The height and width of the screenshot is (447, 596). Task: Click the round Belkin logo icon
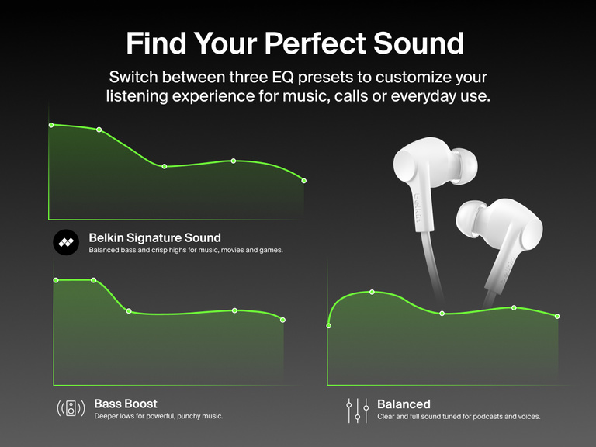pyautogui.click(x=66, y=243)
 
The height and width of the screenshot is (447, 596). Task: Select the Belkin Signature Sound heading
pyautogui.click(x=154, y=237)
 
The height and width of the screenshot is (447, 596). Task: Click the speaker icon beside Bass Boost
pyautogui.click(x=71, y=409)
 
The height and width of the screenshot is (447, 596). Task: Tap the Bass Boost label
pyautogui.click(x=126, y=404)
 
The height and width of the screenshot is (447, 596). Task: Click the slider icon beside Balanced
pyautogui.click(x=357, y=410)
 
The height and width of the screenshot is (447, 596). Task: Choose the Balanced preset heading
pyautogui.click(x=404, y=404)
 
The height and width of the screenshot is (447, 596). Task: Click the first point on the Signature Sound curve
pyautogui.click(x=51, y=125)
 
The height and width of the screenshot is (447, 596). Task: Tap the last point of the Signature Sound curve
pyautogui.click(x=303, y=181)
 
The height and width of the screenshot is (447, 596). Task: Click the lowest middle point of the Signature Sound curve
pyautogui.click(x=165, y=166)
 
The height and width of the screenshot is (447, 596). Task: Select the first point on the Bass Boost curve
pyautogui.click(x=56, y=280)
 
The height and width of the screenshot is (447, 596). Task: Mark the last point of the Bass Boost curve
pyautogui.click(x=282, y=320)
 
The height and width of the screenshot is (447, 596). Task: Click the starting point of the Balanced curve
pyautogui.click(x=329, y=326)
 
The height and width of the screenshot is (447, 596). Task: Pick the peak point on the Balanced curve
pyautogui.click(x=372, y=292)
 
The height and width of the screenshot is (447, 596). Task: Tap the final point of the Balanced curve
pyautogui.click(x=557, y=317)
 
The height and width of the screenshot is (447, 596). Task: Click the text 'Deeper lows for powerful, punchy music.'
pyautogui.click(x=158, y=417)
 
